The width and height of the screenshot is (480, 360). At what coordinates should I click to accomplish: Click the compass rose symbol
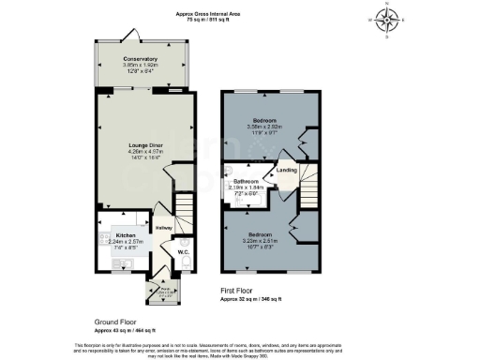(x=389, y=18)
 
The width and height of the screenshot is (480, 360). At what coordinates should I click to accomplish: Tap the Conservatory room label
(x=140, y=59)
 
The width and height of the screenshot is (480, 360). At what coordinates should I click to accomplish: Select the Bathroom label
(x=246, y=181)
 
